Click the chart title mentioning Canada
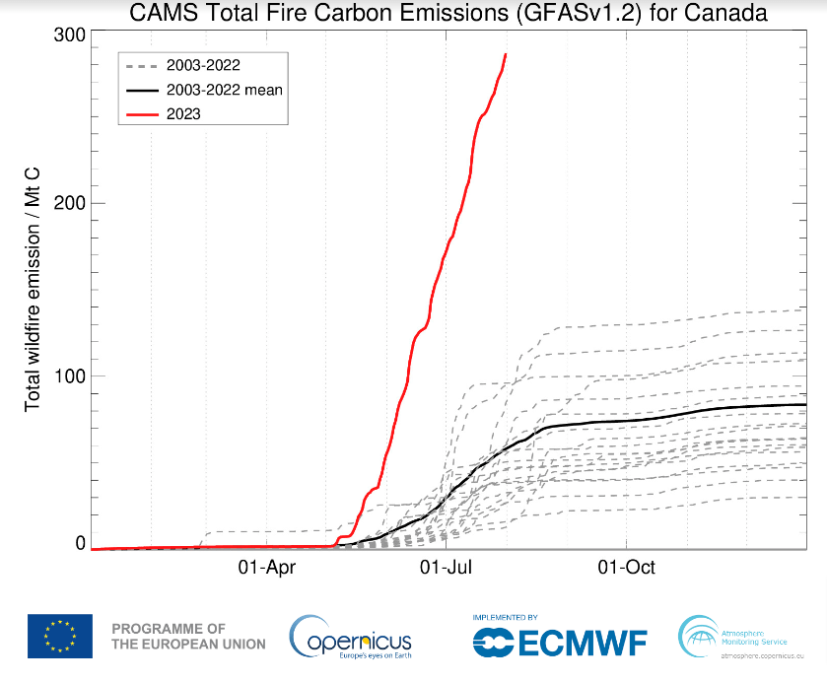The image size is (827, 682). [x=448, y=13]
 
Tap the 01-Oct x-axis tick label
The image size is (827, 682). [x=627, y=568]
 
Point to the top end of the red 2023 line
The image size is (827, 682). [x=506, y=55]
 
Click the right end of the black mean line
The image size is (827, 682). [x=805, y=404]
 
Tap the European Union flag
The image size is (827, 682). [x=60, y=636]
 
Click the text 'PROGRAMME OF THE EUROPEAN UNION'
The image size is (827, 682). [x=188, y=636]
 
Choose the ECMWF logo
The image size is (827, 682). [x=559, y=643]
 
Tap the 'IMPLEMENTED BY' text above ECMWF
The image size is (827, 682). [x=505, y=617]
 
